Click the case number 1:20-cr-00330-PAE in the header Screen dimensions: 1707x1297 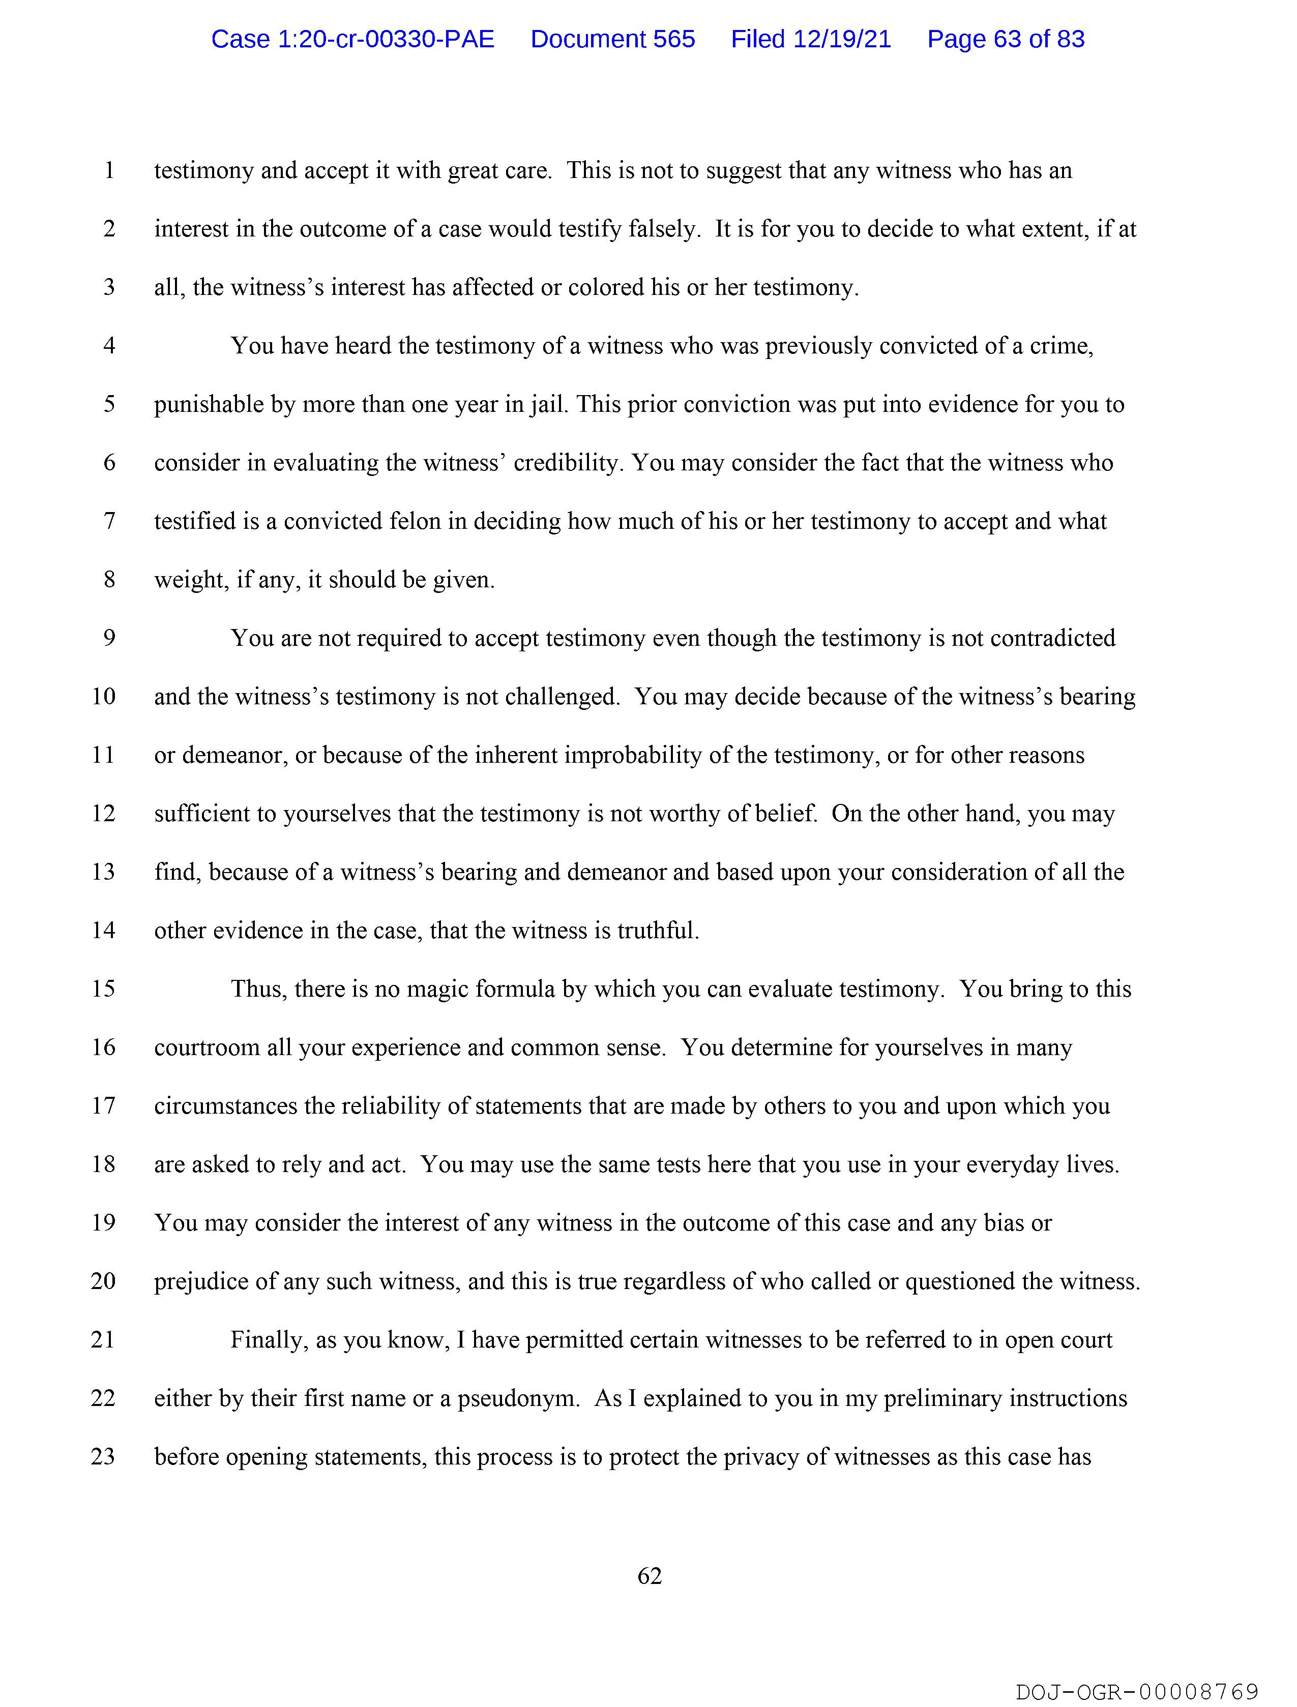click(353, 39)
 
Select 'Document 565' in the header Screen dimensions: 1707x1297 click(612, 39)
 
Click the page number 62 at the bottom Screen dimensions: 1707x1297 click(650, 1575)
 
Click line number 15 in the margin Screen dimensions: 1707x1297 click(103, 989)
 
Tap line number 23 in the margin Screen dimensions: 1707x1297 click(103, 1456)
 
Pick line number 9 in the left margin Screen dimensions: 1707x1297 click(109, 638)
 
